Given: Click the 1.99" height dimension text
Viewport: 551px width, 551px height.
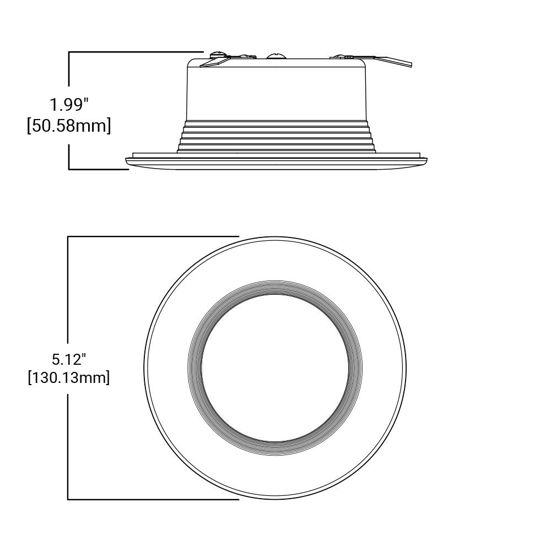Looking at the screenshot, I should click(x=69, y=104).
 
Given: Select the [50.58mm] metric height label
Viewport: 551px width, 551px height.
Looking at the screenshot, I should click(x=69, y=126).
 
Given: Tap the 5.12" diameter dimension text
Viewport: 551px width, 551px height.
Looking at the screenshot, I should click(x=69, y=360).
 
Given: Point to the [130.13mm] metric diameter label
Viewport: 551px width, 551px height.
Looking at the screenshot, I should click(x=69, y=378).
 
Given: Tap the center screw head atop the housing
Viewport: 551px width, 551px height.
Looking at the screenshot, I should click(x=275, y=56).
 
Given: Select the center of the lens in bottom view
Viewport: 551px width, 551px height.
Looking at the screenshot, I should click(x=275, y=368).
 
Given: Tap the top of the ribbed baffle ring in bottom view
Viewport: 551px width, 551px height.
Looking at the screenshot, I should click(x=275, y=287).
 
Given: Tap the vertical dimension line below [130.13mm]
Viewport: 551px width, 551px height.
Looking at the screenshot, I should click(x=68, y=441).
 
